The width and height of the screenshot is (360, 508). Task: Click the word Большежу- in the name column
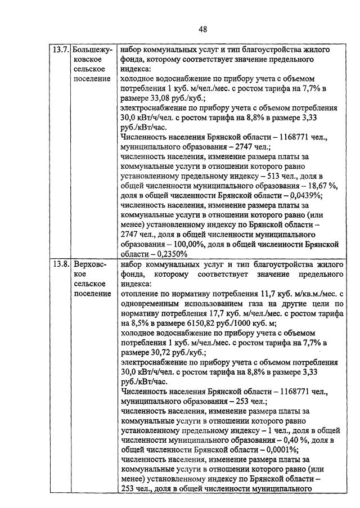[x=93, y=50]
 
